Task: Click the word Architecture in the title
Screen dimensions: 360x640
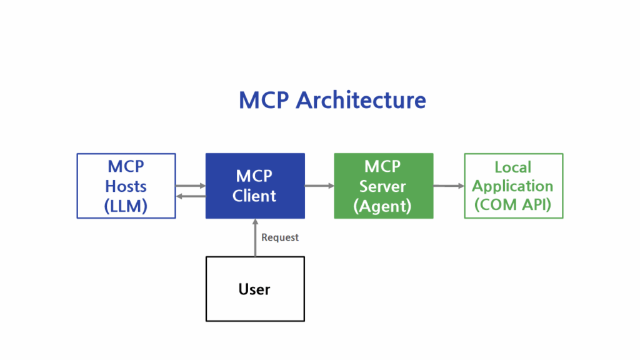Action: [x=361, y=101]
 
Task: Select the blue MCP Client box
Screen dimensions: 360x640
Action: [x=255, y=186]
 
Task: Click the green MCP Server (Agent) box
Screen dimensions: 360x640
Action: [x=383, y=186]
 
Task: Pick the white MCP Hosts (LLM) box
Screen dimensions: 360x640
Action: [x=126, y=186]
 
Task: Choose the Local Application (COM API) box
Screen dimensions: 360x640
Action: [x=513, y=186]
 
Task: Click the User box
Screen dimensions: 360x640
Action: [x=255, y=289]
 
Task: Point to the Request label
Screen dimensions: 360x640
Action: [x=280, y=237]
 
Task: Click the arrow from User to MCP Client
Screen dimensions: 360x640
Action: [x=255, y=237]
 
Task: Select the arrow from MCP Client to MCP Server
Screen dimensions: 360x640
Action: [x=319, y=186]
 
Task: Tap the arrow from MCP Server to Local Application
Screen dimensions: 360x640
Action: [x=449, y=186]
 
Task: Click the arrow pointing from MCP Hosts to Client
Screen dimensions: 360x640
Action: [x=191, y=185]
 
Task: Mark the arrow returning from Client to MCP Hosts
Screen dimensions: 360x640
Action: [x=191, y=196]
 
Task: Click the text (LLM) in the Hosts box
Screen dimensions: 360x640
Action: [x=126, y=206]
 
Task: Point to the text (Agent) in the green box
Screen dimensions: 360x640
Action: [x=383, y=206]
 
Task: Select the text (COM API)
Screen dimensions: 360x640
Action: [x=513, y=205]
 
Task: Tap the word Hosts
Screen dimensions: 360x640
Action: [x=126, y=186]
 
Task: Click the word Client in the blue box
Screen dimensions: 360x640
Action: [x=254, y=196]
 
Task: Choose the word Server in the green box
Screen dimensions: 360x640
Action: [x=382, y=186]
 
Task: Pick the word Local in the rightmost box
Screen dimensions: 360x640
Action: [x=513, y=167]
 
